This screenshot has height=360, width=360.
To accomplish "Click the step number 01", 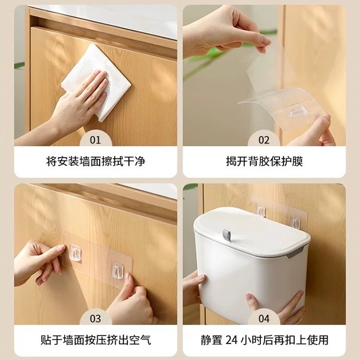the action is pos(95,140).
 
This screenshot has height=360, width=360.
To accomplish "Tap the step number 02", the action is pos(264,140).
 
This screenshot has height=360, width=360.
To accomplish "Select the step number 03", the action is pos(95,319).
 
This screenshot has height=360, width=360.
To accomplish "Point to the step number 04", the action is pos(264,319).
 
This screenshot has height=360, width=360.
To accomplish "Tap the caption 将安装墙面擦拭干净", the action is pos(95,161).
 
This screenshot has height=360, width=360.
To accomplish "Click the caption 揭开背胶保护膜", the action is pos(264,161).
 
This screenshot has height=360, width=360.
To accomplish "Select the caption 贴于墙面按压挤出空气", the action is pos(95,340).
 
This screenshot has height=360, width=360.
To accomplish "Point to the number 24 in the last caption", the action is pos(231,340).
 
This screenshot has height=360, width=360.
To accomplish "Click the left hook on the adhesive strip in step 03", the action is pos(75,253).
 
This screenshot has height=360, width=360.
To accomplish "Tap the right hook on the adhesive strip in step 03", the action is pos(118,271).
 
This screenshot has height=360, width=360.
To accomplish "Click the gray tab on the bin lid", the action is pos(227,235).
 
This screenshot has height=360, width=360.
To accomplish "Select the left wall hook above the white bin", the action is pos(261,210).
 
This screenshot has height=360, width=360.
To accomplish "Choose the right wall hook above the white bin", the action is pos(295,223).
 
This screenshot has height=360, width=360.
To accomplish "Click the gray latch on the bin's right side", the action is pos(295,254).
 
